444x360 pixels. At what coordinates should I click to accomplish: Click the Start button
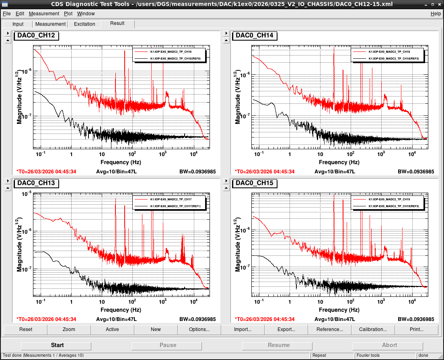pyautogui.click(x=56, y=345)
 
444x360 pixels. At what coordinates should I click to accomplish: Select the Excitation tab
pyautogui.click(x=84, y=24)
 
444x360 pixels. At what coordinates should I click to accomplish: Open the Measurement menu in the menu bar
pyautogui.click(x=44, y=14)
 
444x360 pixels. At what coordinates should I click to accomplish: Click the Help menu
pyautogui.click(x=436, y=14)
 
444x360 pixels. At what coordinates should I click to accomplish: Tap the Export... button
pyautogui.click(x=286, y=329)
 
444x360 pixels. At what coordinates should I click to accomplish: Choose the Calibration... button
pyautogui.click(x=373, y=329)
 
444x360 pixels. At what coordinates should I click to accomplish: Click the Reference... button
pyautogui.click(x=330, y=329)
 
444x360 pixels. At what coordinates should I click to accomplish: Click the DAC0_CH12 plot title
pyautogui.click(x=36, y=35)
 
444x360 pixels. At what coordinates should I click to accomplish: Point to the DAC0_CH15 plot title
pyautogui.click(x=255, y=183)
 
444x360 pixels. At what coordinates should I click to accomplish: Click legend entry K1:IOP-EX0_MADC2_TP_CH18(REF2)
pyautogui.click(x=394, y=59)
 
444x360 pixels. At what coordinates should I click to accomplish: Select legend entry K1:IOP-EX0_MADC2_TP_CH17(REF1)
pyautogui.click(x=175, y=206)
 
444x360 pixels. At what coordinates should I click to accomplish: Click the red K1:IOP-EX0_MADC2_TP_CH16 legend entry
pyautogui.click(x=171, y=52)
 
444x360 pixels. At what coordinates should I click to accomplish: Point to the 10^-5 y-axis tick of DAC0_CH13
pyautogui.click(x=27, y=194)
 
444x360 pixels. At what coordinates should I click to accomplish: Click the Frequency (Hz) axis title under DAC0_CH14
pyautogui.click(x=339, y=162)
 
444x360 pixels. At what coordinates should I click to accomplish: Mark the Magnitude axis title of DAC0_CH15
pyautogui.click(x=238, y=245)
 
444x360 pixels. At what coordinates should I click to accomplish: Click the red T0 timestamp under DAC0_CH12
pyautogui.click(x=46, y=172)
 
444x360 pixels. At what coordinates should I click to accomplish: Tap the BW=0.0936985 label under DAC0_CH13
pyautogui.click(x=197, y=319)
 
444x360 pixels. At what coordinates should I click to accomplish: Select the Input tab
pyautogui.click(x=18, y=24)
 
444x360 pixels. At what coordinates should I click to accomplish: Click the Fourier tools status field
pyautogui.click(x=368, y=356)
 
